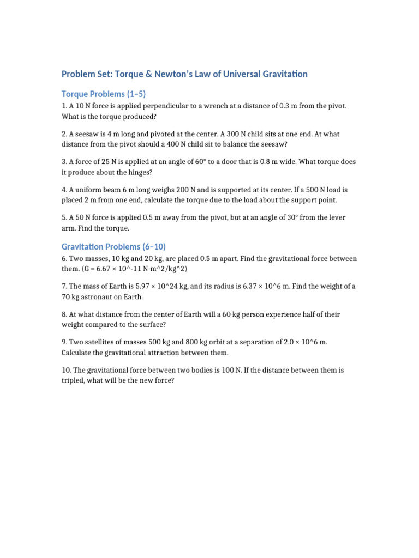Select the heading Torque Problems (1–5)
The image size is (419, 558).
pyautogui.click(x=104, y=93)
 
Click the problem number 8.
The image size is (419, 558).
pyautogui.click(x=64, y=314)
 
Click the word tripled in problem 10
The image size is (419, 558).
pyautogui.click(x=74, y=381)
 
